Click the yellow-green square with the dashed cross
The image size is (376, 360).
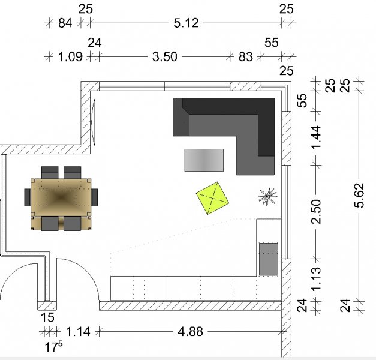coord(212,198)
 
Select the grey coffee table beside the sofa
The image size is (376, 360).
coord(204,160)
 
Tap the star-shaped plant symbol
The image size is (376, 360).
coord(267,197)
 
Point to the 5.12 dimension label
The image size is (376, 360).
coord(186,23)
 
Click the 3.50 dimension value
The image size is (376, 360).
coord(165,57)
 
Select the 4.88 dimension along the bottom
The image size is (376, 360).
coord(190,332)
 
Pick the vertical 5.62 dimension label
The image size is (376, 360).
coord(359,195)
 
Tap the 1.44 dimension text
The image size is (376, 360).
coord(316,137)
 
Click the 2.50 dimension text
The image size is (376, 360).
coord(316,211)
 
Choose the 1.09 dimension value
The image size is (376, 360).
coord(70,57)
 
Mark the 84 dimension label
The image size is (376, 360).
coord(65,23)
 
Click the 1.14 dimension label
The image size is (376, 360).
coord(78,332)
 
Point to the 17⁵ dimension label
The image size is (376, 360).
coord(54,347)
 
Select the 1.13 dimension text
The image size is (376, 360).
coord(316,279)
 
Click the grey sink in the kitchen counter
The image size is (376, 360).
coord(269,259)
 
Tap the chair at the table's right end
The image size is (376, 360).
coord(94,197)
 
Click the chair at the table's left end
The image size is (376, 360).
coord(28,197)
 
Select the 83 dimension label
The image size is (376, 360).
coord(245,57)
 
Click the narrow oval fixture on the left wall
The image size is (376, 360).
coord(94,122)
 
